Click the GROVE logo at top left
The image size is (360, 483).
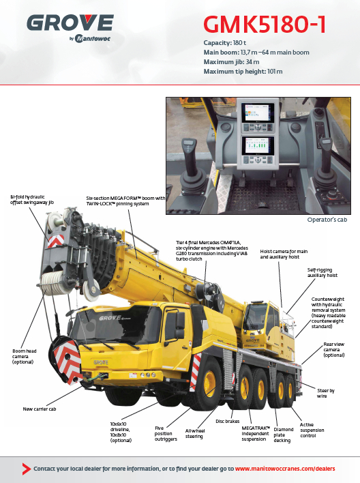[x=70, y=28]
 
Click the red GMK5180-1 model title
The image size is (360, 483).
[x=265, y=25]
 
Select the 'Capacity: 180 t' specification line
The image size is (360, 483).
[x=224, y=43]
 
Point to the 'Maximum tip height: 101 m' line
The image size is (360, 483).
[x=243, y=72]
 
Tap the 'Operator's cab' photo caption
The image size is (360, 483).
[x=327, y=220]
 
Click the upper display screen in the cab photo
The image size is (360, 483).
[x=258, y=113]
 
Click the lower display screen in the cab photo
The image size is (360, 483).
[x=258, y=146]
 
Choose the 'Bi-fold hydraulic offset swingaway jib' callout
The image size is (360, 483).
[x=32, y=200]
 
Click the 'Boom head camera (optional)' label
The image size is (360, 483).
[x=25, y=356]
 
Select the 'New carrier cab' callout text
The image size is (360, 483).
[x=40, y=409]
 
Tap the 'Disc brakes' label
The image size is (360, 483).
[x=227, y=422]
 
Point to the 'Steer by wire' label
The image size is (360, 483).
[x=325, y=394]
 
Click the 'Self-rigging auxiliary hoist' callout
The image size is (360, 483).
[x=322, y=273]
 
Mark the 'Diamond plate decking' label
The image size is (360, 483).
[x=284, y=435]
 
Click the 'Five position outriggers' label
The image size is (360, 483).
[x=166, y=433]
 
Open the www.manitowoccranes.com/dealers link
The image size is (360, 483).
[x=285, y=469]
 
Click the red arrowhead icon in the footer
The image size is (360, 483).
[x=27, y=469]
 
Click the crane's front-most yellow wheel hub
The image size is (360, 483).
[x=209, y=383]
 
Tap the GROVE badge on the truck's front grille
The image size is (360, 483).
[x=101, y=362]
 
